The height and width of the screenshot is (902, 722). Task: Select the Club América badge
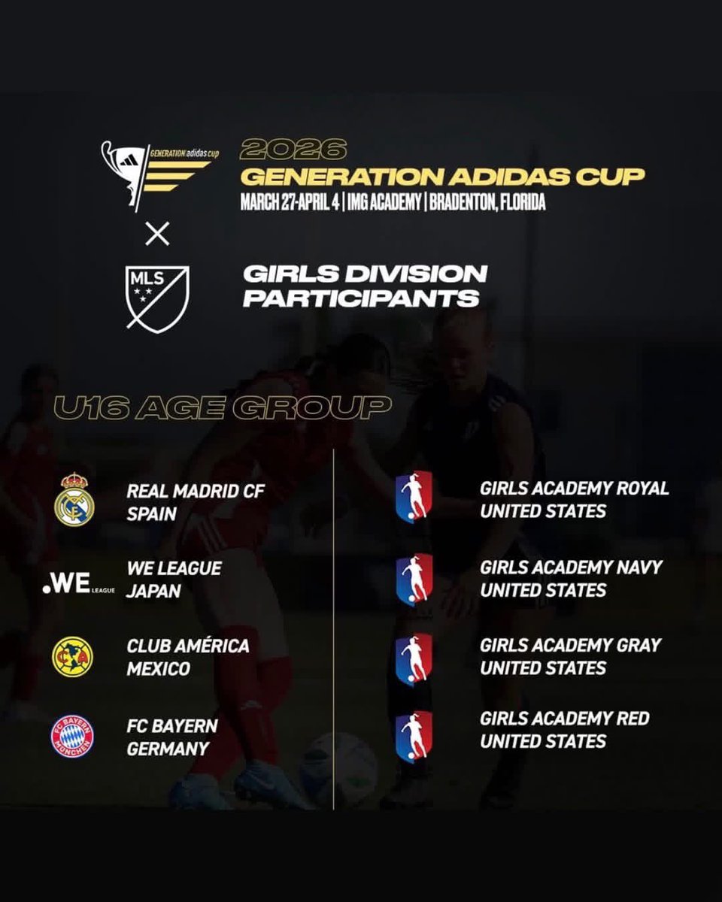click(73, 657)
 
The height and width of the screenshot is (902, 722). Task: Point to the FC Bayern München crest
click(73, 735)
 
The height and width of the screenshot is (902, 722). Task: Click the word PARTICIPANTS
click(361, 298)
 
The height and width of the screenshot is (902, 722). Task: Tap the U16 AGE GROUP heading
click(221, 408)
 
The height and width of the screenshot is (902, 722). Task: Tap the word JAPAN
click(153, 591)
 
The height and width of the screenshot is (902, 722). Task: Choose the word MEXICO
click(158, 668)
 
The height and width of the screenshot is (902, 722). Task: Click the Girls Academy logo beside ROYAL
click(414, 496)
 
